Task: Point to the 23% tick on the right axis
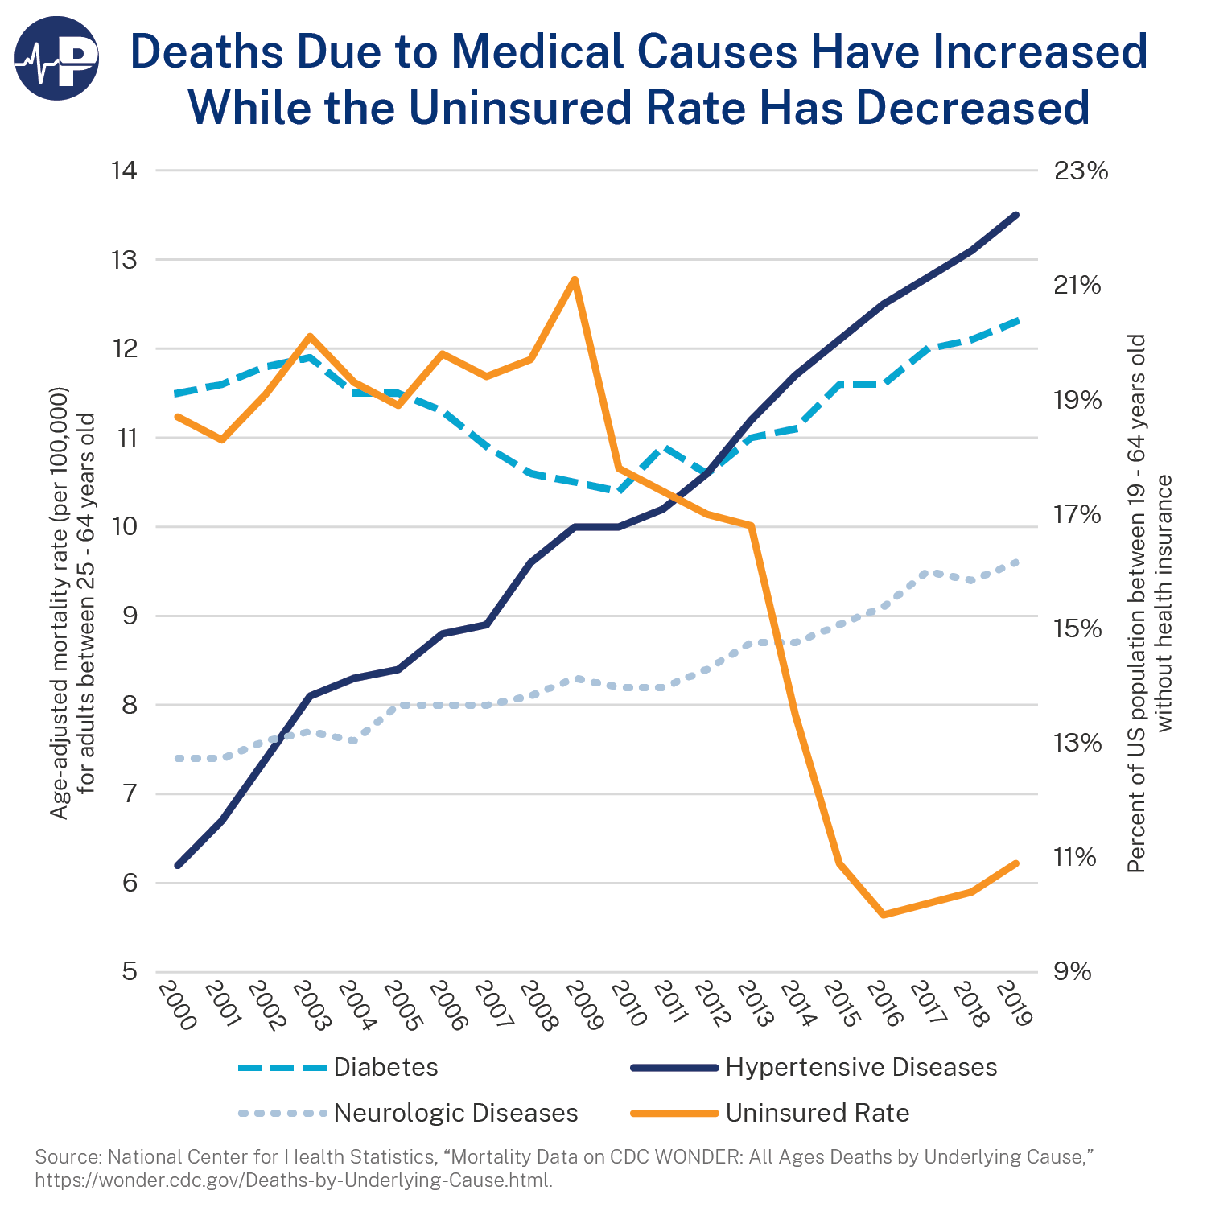click(1081, 171)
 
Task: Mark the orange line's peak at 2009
click(574, 279)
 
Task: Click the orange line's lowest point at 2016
click(884, 915)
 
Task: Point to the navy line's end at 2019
click(1017, 215)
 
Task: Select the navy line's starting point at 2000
click(177, 866)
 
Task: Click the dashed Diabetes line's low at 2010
click(619, 491)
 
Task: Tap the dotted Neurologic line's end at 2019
click(1017, 562)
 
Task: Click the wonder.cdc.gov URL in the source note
click(293, 1180)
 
